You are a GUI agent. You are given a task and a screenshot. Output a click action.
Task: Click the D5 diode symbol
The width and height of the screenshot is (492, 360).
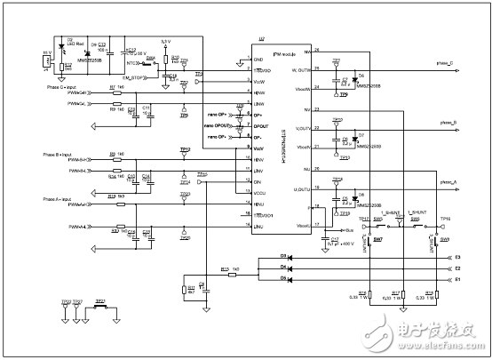(x=258, y=278)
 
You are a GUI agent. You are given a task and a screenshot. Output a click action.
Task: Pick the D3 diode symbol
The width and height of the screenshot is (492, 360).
(x=258, y=258)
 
